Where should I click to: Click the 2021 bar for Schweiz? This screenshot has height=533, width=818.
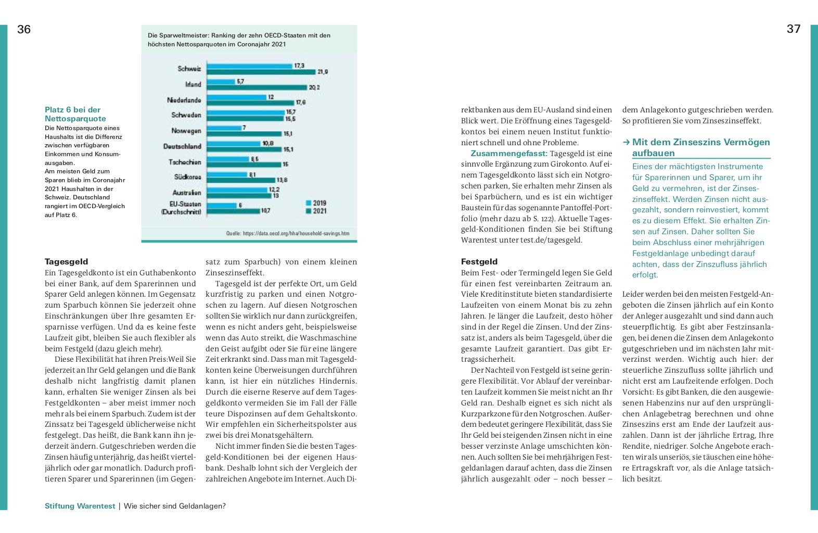261,72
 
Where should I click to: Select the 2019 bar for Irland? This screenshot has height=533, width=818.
221,81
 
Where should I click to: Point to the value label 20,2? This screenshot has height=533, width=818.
314,87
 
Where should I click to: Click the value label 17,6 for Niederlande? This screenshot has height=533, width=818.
301,103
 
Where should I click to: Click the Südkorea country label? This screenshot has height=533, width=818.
188,177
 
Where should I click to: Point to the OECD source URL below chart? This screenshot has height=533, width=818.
288,234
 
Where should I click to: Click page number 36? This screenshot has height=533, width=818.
24,30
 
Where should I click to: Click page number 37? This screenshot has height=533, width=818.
794,29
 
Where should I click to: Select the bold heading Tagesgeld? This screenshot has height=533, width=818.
67,262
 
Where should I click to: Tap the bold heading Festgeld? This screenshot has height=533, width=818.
479,262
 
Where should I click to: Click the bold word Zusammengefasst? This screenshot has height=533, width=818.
509,154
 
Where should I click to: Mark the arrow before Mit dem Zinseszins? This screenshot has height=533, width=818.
627,142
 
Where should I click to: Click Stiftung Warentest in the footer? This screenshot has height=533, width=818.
80,506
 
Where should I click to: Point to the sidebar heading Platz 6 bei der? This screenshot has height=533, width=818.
72,110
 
